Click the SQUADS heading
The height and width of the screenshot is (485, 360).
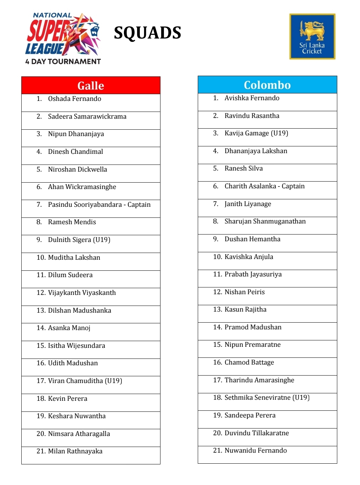coord(147,33)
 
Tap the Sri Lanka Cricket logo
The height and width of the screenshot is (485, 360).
coord(312,36)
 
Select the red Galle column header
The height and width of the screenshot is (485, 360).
coord(91,86)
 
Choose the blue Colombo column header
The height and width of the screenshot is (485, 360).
coord(267,85)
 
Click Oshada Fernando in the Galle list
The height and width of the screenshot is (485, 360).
coord(75,99)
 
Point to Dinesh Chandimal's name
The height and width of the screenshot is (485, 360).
coord(75,152)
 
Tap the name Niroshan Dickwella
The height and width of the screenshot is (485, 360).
coord(77,169)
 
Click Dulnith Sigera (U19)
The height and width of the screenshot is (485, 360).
coord(79,240)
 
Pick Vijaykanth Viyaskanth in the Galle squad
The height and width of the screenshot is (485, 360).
coord(82,293)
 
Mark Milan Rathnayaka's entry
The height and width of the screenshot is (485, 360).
coord(75,451)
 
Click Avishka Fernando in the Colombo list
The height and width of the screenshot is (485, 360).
coord(252,98)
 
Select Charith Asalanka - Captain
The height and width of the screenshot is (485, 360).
coord(264,186)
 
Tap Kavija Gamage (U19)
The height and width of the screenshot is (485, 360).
coord(256,133)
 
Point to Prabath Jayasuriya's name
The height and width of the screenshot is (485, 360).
coord(253,274)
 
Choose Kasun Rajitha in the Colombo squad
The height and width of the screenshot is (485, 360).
coord(245,309)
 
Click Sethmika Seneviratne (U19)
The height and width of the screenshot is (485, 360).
coord(267,398)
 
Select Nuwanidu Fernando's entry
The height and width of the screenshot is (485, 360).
coord(256,451)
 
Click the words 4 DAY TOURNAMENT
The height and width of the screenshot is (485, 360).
coord(63,61)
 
